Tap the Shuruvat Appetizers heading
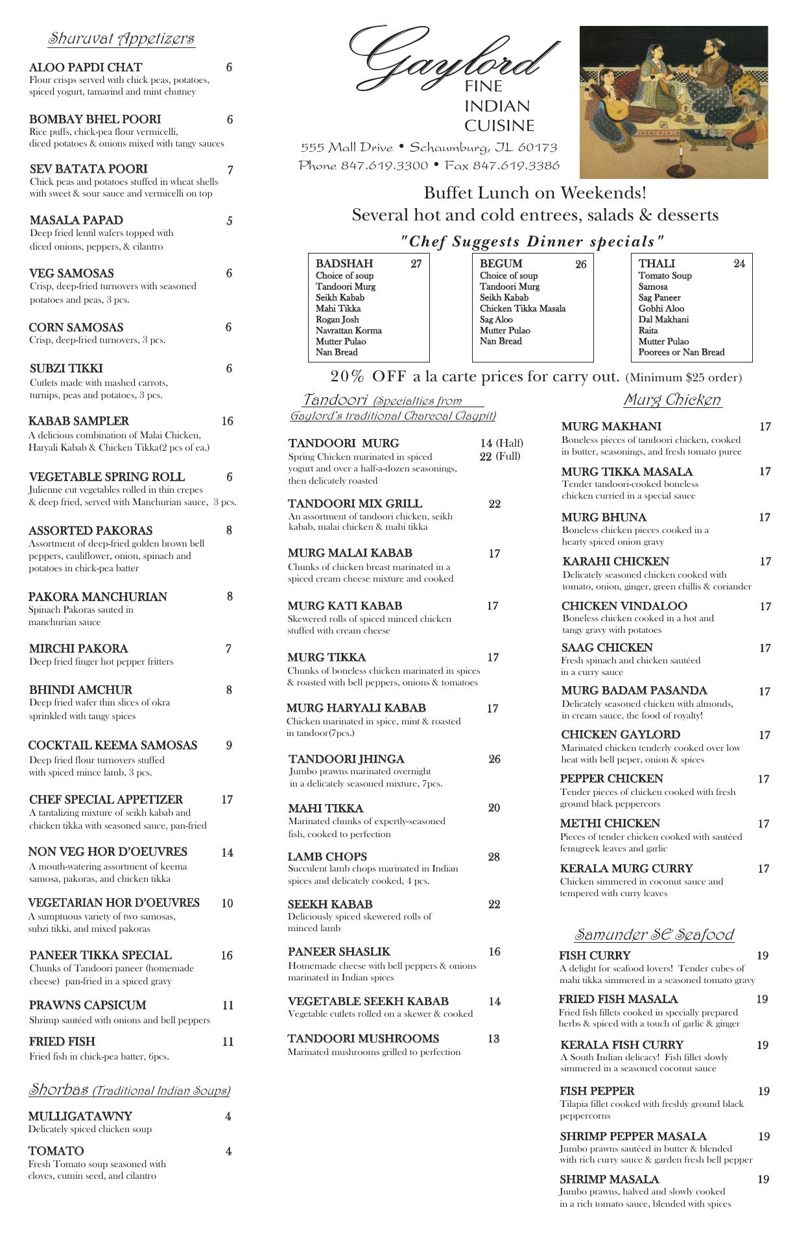pos(121,39)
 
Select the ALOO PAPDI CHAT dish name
pos(86,67)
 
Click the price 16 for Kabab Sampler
pos(227,421)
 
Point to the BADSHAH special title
pos(344,263)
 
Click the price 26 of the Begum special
pos(580,264)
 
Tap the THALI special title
pos(656,263)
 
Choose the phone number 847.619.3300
pos(385,165)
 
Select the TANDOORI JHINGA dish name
pos(346,759)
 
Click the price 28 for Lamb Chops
pos(494,857)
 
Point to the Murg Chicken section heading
pos(672,399)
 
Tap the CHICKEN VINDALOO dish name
pos(624,606)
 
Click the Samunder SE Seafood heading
pos(654,934)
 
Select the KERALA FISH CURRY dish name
pos(621,1045)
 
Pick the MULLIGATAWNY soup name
pos(80,1116)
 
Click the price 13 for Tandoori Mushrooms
pos(493,1038)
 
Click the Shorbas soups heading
pos(129,1090)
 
